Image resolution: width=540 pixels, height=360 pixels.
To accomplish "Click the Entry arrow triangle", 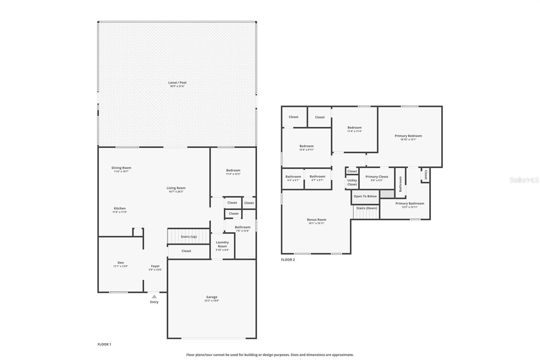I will pyautogui.click(x=154, y=297).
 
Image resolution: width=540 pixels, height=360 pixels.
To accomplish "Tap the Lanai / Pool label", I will pyautogui.click(x=177, y=82).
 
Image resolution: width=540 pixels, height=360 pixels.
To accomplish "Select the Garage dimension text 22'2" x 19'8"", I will pyautogui.click(x=212, y=301).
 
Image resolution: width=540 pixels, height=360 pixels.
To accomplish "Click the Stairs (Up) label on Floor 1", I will pyautogui.click(x=189, y=237).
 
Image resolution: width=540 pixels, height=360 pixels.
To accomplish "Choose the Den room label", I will pyautogui.click(x=120, y=262).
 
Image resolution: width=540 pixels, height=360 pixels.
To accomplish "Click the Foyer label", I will pyautogui.click(x=155, y=266).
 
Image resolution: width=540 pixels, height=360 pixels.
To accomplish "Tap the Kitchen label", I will pyautogui.click(x=119, y=208).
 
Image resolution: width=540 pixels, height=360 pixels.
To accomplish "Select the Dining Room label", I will pyautogui.click(x=121, y=168).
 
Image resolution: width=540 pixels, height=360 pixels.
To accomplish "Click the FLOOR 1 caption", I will pyautogui.click(x=104, y=344).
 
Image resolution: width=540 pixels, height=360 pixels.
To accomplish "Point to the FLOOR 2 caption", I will pyautogui.click(x=288, y=260).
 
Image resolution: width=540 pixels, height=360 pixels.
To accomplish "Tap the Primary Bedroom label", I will pyautogui.click(x=408, y=136).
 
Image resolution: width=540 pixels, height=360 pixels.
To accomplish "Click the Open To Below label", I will pyautogui.click(x=365, y=196).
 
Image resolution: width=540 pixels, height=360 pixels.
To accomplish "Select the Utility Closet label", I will pyautogui.click(x=352, y=182).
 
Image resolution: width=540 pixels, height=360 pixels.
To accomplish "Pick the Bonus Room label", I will pyautogui.click(x=316, y=220).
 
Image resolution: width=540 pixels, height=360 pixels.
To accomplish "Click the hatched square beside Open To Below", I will pyautogui.click(x=387, y=194).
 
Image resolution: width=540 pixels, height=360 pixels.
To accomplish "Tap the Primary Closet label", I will pyautogui.click(x=377, y=177).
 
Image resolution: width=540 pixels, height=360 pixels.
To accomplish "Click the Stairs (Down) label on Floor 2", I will pyautogui.click(x=367, y=208).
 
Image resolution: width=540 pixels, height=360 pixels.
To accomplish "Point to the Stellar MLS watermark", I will pyautogui.click(x=524, y=180).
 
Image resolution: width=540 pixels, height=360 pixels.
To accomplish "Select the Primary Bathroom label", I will pyautogui.click(x=410, y=203).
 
